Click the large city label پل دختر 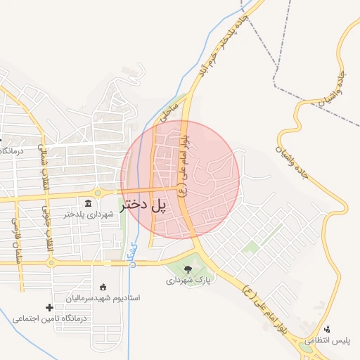click(146, 205)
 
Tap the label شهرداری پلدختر click(88, 214)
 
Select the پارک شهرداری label click(189, 280)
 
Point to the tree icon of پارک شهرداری click(187, 269)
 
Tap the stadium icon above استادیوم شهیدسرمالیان click(103, 287)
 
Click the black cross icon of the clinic click(49, 307)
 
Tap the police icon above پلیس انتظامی click(327, 328)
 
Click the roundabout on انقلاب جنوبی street click(51, 263)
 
